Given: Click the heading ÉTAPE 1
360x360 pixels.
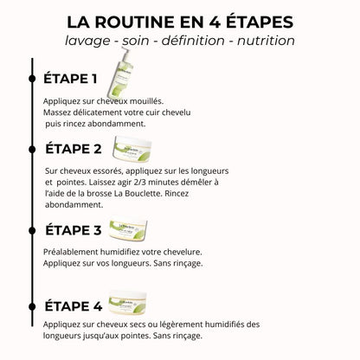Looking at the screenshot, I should click(x=71, y=79).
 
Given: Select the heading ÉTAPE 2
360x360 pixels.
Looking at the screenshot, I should click(x=74, y=148).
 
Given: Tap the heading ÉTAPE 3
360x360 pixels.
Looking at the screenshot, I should click(x=74, y=230).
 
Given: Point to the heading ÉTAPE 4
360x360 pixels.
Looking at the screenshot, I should click(x=74, y=305).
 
